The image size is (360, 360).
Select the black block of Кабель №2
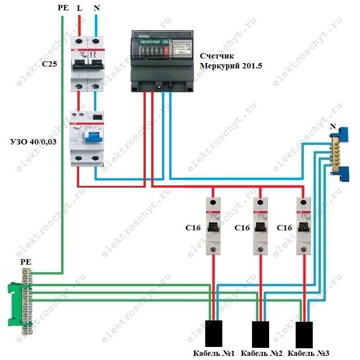(x=260, y=333)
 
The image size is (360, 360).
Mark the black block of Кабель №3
(x=304, y=333)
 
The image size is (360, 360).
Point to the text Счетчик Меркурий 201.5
(x=230, y=61)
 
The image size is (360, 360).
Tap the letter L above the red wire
(x=80, y=9)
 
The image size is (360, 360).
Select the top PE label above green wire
(x=63, y=9)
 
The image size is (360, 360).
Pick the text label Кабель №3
(x=310, y=353)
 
